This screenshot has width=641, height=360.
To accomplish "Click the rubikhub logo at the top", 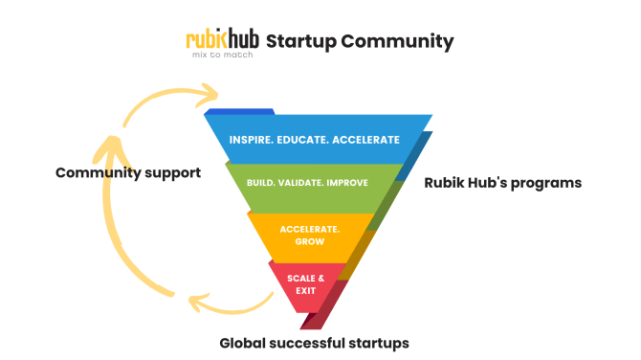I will point(222,40).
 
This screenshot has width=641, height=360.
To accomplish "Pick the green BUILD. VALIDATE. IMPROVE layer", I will point(307,182).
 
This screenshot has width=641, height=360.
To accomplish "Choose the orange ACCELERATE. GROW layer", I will point(302,236).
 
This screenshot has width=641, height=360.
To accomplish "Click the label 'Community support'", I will point(127,173).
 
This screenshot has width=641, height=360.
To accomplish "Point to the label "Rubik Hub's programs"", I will point(502,182).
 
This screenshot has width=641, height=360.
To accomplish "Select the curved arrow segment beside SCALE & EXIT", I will point(230,304).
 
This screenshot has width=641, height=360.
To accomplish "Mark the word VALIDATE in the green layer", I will point(307,182).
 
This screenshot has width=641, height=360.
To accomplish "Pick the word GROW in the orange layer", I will point(302,242).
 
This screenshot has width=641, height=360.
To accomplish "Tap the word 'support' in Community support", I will point(170,173).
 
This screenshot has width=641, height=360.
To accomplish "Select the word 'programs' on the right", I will point(545,182).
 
